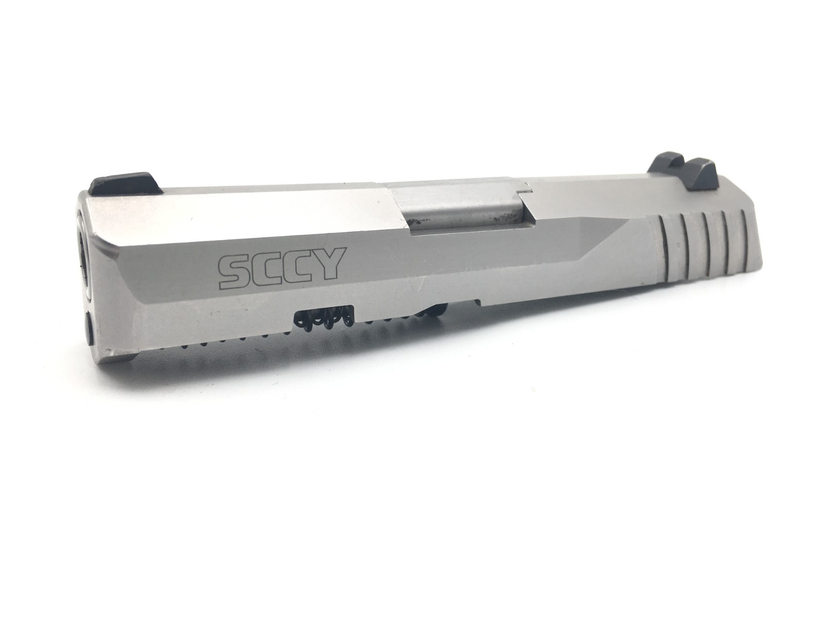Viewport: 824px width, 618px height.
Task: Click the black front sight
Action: [x=126, y=186]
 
